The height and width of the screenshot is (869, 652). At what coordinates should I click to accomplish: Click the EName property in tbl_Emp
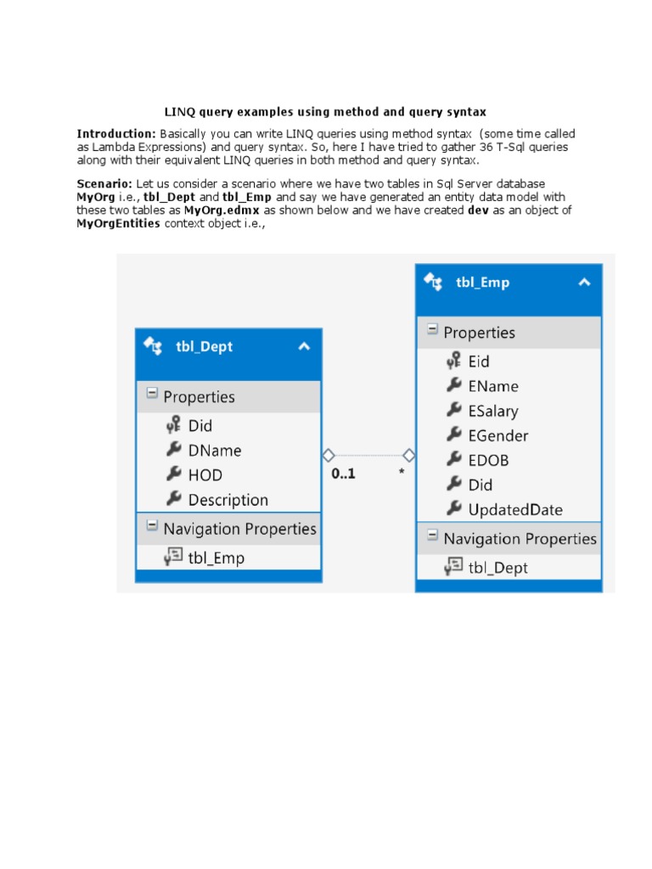pos(492,386)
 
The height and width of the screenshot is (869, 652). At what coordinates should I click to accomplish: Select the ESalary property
pos(492,411)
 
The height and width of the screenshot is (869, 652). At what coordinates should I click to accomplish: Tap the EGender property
pos(497,435)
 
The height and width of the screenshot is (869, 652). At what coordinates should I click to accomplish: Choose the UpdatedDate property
pos(514,509)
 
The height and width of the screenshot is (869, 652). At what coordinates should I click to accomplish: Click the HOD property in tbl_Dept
pos(205,475)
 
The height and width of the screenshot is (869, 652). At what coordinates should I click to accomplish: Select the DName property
pos(215,451)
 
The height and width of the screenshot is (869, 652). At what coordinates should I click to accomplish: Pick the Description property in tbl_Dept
pos(228,500)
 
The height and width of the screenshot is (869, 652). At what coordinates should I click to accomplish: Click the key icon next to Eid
pos(453,361)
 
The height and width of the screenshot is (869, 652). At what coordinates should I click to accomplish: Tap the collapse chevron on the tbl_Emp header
pos(584,283)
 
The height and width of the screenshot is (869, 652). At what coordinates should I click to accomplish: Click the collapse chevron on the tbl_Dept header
pos(304,345)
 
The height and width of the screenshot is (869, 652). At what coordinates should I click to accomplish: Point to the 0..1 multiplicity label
pos(343,474)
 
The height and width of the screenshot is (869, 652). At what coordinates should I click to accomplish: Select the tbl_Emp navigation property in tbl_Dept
pos(216,558)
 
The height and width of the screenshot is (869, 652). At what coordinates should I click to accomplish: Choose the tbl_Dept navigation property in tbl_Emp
pos(497,568)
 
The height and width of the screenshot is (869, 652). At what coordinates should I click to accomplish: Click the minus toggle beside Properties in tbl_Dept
pos(152,395)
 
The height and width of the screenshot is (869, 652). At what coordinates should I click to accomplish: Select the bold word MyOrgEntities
pos(119,224)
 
